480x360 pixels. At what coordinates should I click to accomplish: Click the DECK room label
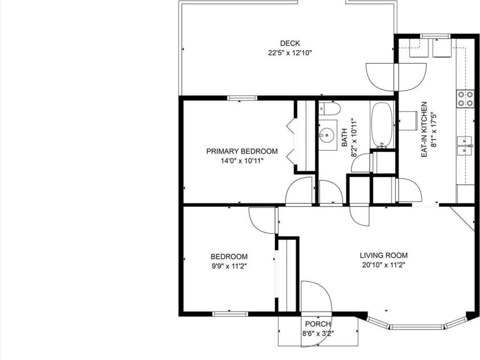click(x=290, y=43)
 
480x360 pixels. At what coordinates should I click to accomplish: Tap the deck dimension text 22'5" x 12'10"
click(x=290, y=52)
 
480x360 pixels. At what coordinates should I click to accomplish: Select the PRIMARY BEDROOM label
click(x=242, y=152)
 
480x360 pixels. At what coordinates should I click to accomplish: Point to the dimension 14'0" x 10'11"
click(x=242, y=161)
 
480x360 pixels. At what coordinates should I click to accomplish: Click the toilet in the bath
click(x=329, y=108)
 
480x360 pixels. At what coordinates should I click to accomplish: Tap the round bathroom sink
click(x=327, y=135)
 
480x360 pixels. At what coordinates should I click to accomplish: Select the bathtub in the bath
click(x=382, y=125)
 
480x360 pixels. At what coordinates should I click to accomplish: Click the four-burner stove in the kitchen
click(x=465, y=99)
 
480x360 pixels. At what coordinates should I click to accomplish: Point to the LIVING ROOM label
click(x=383, y=256)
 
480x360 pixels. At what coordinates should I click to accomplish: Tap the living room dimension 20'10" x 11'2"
click(x=383, y=265)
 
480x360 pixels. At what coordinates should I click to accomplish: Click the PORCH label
click(x=317, y=325)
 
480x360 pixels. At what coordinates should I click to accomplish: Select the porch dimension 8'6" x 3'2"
click(x=317, y=334)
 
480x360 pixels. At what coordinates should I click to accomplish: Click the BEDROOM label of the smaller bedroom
click(x=229, y=257)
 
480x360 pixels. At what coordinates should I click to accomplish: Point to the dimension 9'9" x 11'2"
click(x=229, y=266)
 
